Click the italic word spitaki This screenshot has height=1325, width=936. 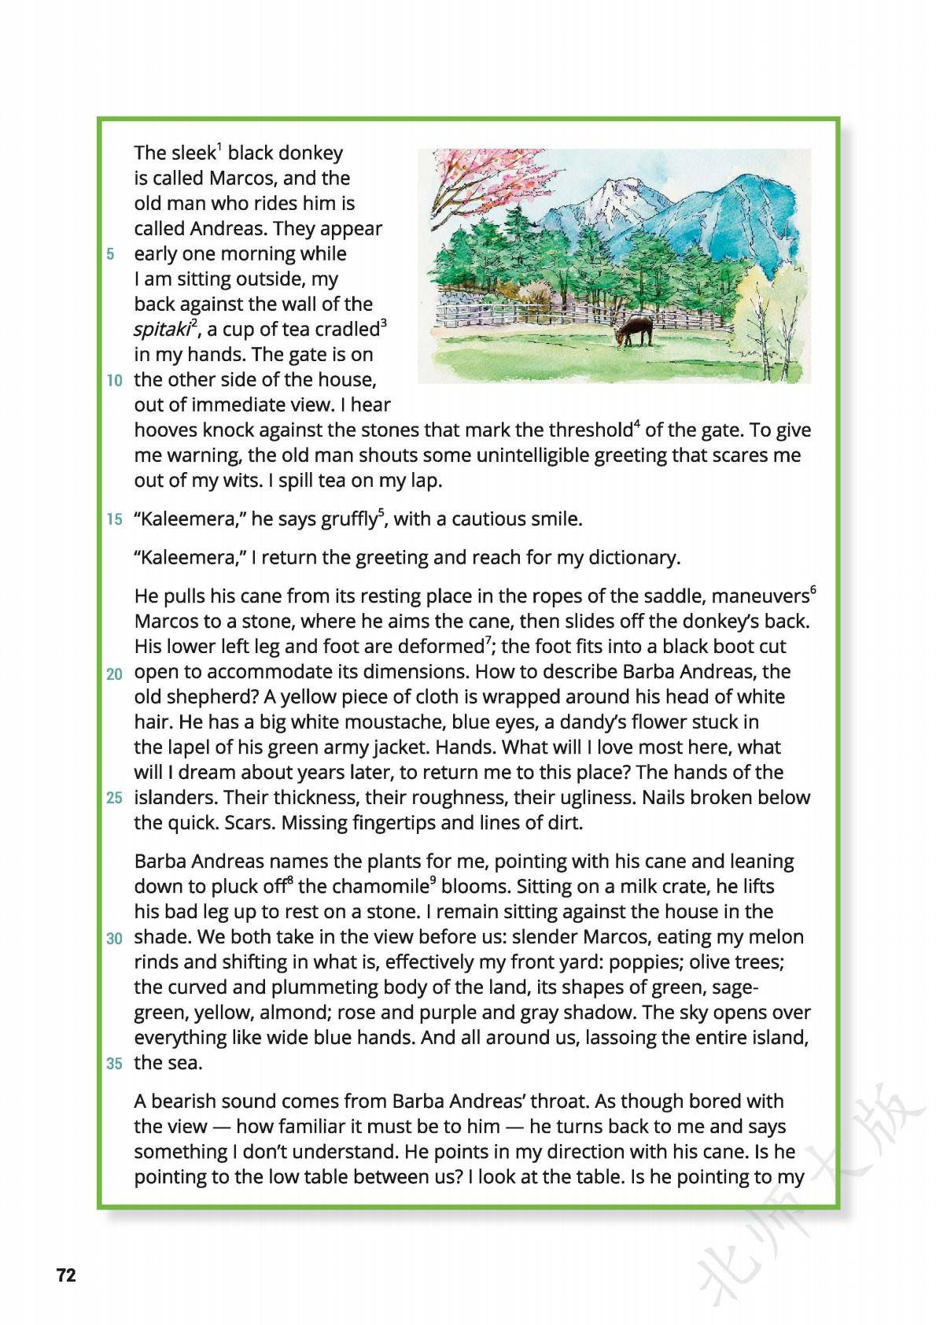point(162,330)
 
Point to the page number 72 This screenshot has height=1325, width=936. point(66,1275)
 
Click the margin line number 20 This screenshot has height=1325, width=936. point(115,674)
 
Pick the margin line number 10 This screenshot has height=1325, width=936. point(115,382)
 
